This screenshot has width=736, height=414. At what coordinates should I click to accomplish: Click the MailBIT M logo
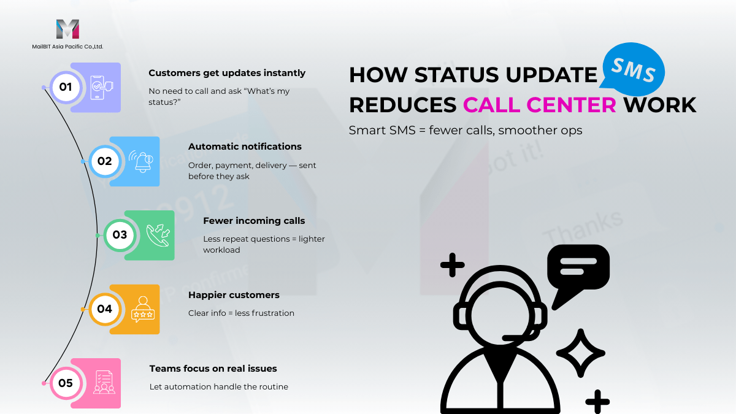pyautogui.click(x=67, y=29)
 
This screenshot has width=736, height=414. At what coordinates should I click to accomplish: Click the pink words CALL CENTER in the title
pyautogui.click(x=540, y=105)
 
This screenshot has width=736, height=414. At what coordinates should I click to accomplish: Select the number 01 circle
pyautogui.click(x=66, y=87)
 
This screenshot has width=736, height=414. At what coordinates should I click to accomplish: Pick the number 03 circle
pyautogui.click(x=120, y=236)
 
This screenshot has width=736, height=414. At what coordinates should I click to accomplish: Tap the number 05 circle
pyautogui.click(x=66, y=383)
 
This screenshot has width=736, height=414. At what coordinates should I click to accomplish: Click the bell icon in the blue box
pyautogui.click(x=142, y=161)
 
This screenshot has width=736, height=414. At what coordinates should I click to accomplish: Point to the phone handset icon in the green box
pyautogui.click(x=158, y=236)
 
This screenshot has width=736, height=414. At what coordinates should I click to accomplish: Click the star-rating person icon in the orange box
pyautogui.click(x=143, y=309)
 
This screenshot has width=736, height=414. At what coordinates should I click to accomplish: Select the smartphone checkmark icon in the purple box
pyautogui.click(x=102, y=87)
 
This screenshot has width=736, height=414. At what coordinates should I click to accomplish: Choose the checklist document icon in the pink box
pyautogui.click(x=104, y=382)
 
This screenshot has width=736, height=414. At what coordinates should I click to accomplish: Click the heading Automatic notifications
pyautogui.click(x=245, y=147)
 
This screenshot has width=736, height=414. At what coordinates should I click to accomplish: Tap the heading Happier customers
pyautogui.click(x=234, y=295)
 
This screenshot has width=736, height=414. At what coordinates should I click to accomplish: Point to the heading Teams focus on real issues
pyautogui.click(x=213, y=369)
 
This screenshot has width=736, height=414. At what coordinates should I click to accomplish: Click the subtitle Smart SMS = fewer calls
pyautogui.click(x=421, y=131)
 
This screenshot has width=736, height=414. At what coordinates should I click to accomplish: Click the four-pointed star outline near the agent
pyautogui.click(x=581, y=353)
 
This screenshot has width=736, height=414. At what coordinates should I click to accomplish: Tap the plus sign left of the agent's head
pyautogui.click(x=453, y=265)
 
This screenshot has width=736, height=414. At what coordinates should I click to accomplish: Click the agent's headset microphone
pyautogui.click(x=516, y=337)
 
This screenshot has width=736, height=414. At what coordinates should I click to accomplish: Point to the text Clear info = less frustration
pyautogui.click(x=241, y=313)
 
